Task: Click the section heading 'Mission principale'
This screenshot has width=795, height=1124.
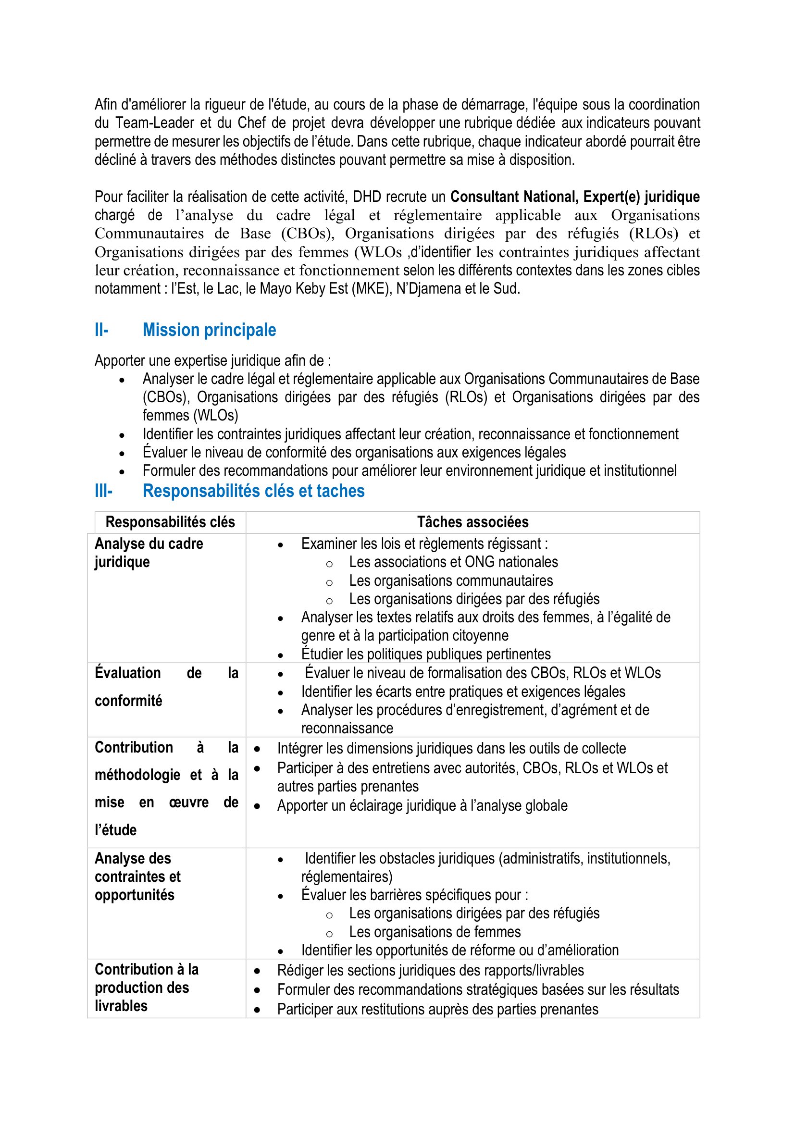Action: (x=209, y=330)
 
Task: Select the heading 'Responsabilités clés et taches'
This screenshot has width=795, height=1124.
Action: (x=253, y=491)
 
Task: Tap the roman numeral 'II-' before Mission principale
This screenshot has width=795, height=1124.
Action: (x=101, y=330)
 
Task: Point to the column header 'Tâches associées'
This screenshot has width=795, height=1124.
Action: (x=472, y=522)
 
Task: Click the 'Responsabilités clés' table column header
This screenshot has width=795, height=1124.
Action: (x=170, y=522)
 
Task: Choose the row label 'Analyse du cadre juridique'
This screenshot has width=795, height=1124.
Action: (x=149, y=553)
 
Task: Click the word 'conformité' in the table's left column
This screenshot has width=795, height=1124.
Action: (x=128, y=701)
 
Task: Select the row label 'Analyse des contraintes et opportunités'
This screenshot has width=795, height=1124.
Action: (x=137, y=877)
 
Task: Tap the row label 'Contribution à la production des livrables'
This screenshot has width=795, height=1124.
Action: (x=147, y=988)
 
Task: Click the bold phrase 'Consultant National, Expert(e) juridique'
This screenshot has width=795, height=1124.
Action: (x=575, y=197)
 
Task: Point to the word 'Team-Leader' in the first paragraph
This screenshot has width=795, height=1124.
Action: (x=155, y=123)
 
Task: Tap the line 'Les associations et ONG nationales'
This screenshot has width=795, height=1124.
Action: (x=453, y=562)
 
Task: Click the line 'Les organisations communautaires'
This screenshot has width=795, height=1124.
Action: (x=451, y=581)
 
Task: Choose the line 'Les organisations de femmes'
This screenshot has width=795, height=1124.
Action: (x=435, y=932)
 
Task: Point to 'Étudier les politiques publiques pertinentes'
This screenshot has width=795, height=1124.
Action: (x=426, y=655)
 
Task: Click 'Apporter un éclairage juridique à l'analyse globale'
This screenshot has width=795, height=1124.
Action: (x=422, y=806)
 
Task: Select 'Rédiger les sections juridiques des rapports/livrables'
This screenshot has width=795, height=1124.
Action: (x=430, y=971)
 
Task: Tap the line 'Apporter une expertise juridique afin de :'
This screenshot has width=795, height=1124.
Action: (x=212, y=361)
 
